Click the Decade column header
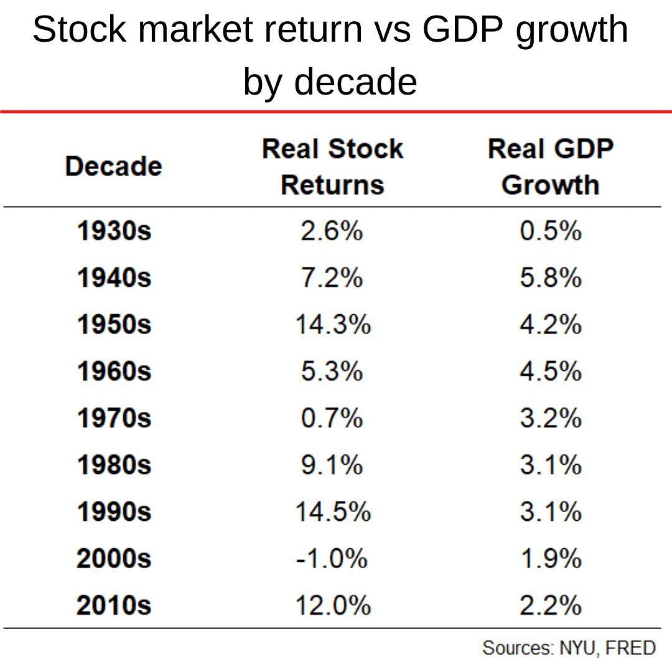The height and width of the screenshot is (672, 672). pyautogui.click(x=113, y=167)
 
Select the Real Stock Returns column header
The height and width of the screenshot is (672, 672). pyautogui.click(x=332, y=167)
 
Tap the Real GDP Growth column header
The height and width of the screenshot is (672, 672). pyautogui.click(x=550, y=167)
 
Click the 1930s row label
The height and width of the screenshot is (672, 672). pyautogui.click(x=114, y=231)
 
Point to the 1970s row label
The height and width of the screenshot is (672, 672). pyautogui.click(x=114, y=418)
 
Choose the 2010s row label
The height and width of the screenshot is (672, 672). pyautogui.click(x=114, y=605)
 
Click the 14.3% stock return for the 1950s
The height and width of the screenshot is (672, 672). pyautogui.click(x=332, y=325)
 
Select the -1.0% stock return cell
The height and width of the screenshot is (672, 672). pyautogui.click(x=331, y=559)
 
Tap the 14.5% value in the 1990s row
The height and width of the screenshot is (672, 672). pyautogui.click(x=332, y=512)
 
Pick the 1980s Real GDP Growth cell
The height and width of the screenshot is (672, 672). pyautogui.click(x=551, y=465)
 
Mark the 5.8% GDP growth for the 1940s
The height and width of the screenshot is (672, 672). pyautogui.click(x=551, y=278)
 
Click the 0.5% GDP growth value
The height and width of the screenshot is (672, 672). pyautogui.click(x=551, y=231)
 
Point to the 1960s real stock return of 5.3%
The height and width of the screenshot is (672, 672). pyautogui.click(x=332, y=371)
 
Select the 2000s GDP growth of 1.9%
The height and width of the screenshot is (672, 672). pyautogui.click(x=551, y=559)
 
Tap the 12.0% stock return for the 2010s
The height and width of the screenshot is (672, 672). pyautogui.click(x=332, y=605)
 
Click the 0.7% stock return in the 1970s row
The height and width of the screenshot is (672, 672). pyautogui.click(x=332, y=418)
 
